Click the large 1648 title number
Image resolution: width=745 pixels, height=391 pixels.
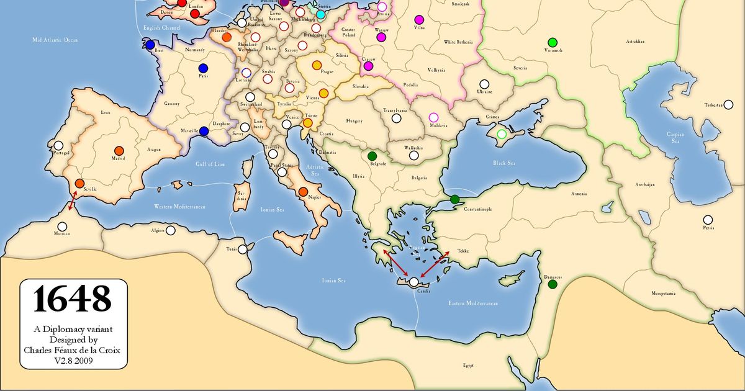pyautogui.click(x=73, y=299)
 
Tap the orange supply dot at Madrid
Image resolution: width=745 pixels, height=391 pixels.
pyautogui.click(x=119, y=150)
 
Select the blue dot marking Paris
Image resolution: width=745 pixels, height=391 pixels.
pyautogui.click(x=202, y=68)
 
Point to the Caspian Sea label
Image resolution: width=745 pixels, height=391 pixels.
pyautogui.click(x=675, y=137)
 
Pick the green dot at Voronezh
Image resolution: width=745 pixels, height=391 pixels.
pyautogui.click(x=552, y=42)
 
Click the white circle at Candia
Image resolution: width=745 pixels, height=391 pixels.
pyautogui.click(x=413, y=282)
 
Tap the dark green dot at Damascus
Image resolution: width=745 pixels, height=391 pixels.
pyautogui.click(x=552, y=284)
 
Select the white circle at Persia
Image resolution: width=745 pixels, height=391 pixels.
pyautogui.click(x=708, y=219)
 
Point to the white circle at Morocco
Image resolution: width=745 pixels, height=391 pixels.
pyautogui.click(x=61, y=227)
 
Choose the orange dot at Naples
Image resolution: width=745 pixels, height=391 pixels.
pyautogui.click(x=303, y=192)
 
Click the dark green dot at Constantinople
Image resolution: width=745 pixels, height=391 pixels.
pyautogui.click(x=455, y=199)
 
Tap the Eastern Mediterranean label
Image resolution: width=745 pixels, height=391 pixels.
pyautogui.click(x=474, y=303)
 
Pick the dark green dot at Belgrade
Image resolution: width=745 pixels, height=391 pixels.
pyautogui.click(x=372, y=156)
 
